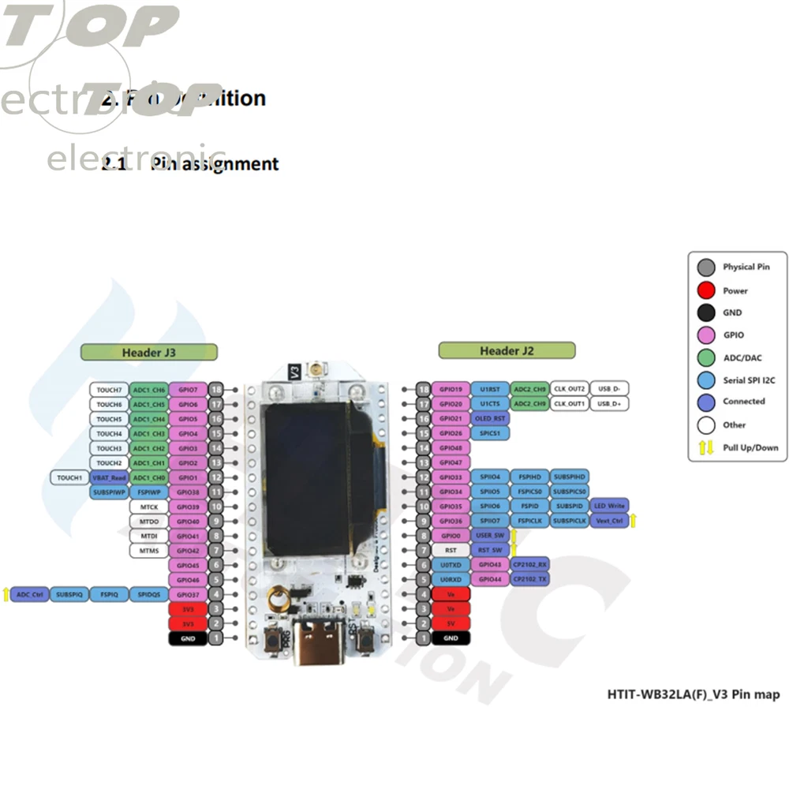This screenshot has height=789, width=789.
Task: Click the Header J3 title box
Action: (x=148, y=352)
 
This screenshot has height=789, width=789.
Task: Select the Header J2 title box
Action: (x=507, y=350)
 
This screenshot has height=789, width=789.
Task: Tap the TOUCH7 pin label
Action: (x=109, y=390)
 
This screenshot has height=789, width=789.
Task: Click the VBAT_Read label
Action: (x=109, y=477)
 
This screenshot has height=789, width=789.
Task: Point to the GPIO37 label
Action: (x=188, y=594)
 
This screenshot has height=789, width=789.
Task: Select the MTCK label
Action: (x=149, y=507)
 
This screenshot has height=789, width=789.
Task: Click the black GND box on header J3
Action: (x=188, y=638)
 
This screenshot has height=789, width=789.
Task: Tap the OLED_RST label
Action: (x=489, y=418)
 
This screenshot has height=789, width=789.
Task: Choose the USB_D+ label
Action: (x=609, y=404)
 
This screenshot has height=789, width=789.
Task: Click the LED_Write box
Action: (x=609, y=506)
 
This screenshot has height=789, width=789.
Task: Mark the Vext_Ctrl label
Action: (x=609, y=521)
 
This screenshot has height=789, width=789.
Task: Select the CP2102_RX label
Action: (x=530, y=564)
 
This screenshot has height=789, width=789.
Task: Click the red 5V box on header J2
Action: (x=451, y=623)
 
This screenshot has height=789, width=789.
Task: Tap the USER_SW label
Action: (x=489, y=535)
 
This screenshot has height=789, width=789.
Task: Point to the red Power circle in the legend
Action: (x=706, y=290)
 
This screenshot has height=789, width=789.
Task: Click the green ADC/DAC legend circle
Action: (x=706, y=357)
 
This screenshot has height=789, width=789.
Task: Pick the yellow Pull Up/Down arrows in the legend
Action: (x=706, y=447)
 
